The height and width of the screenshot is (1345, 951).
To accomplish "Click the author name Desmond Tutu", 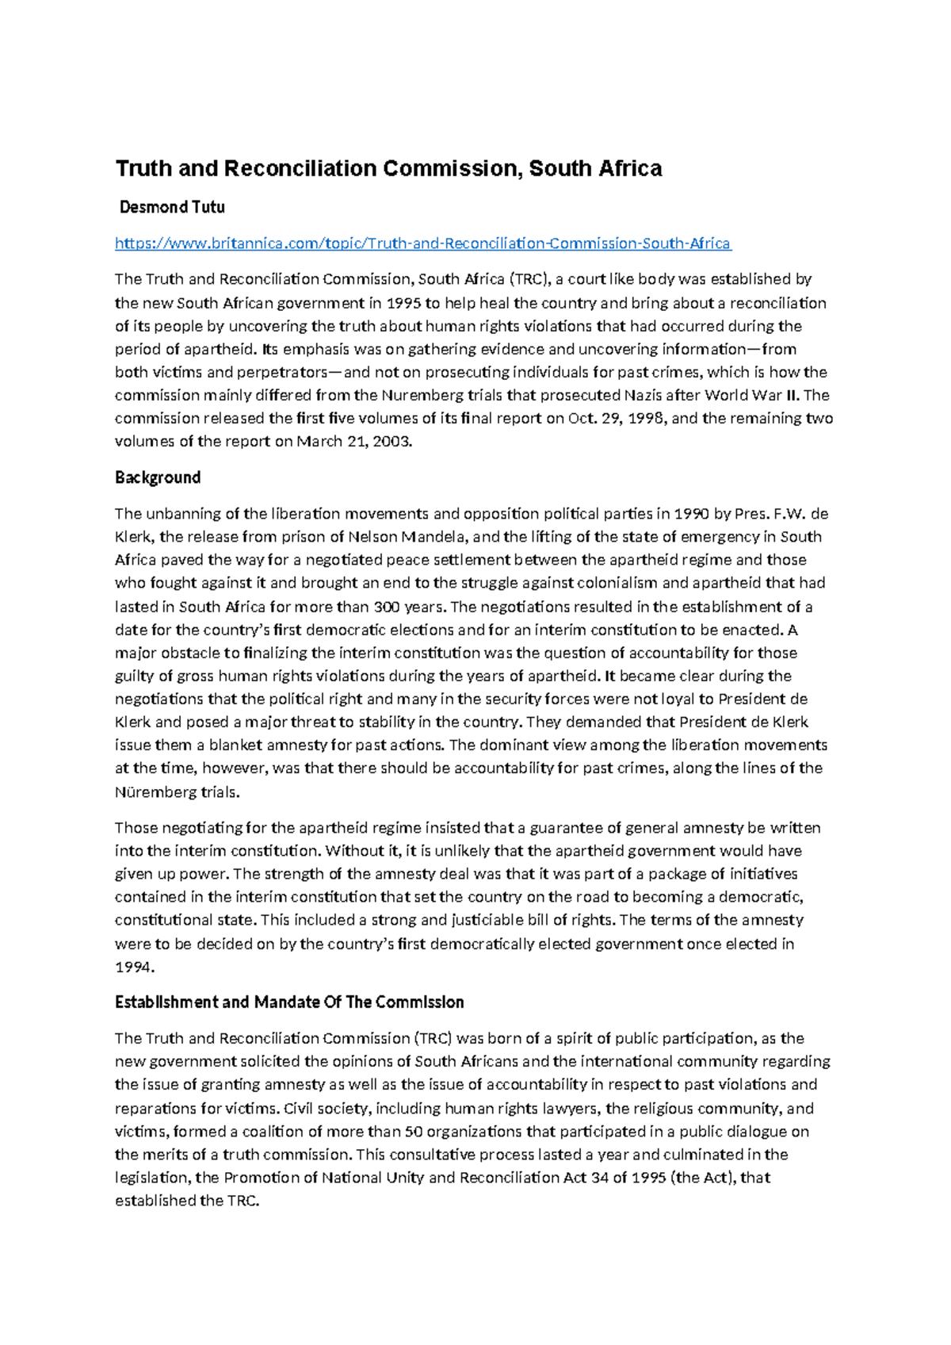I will click(172, 208).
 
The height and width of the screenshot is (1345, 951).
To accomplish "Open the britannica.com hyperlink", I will click(422, 243).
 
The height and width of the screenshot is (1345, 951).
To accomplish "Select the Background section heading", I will click(158, 477).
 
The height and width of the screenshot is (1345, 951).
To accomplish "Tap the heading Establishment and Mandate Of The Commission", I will click(289, 1002).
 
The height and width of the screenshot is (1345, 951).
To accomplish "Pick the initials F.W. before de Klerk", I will click(788, 513).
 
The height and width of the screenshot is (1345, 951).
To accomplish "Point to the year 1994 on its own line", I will click(133, 967).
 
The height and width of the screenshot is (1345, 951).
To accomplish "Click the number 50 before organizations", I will click(413, 1132).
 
